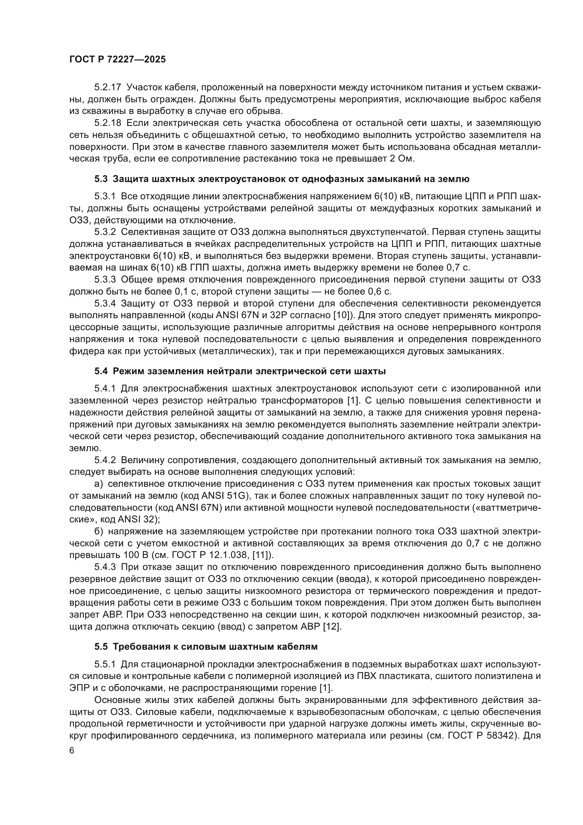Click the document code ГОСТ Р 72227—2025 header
click(117, 60)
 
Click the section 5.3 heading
click(282, 178)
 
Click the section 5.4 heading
click(240, 371)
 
